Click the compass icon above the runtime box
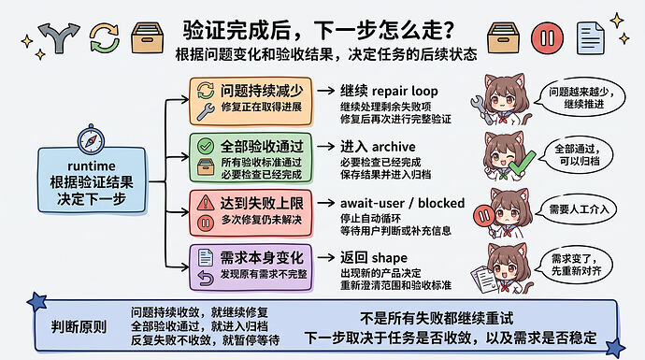click(91, 140)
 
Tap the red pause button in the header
click(547, 38)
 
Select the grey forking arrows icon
click(59, 37)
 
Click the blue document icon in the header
click(591, 38)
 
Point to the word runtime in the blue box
click(92, 166)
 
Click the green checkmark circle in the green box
click(206, 146)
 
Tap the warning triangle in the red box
click(206, 203)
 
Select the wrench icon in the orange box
click(206, 111)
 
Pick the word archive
click(394, 147)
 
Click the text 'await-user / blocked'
click(402, 203)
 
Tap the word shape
click(390, 258)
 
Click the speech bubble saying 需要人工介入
click(579, 209)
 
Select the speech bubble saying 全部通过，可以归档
click(578, 154)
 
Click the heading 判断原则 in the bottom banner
click(79, 327)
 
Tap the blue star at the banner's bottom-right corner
click(616, 348)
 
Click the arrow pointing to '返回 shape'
click(326, 257)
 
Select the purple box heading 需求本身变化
click(262, 258)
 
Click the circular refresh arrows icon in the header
click(105, 37)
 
